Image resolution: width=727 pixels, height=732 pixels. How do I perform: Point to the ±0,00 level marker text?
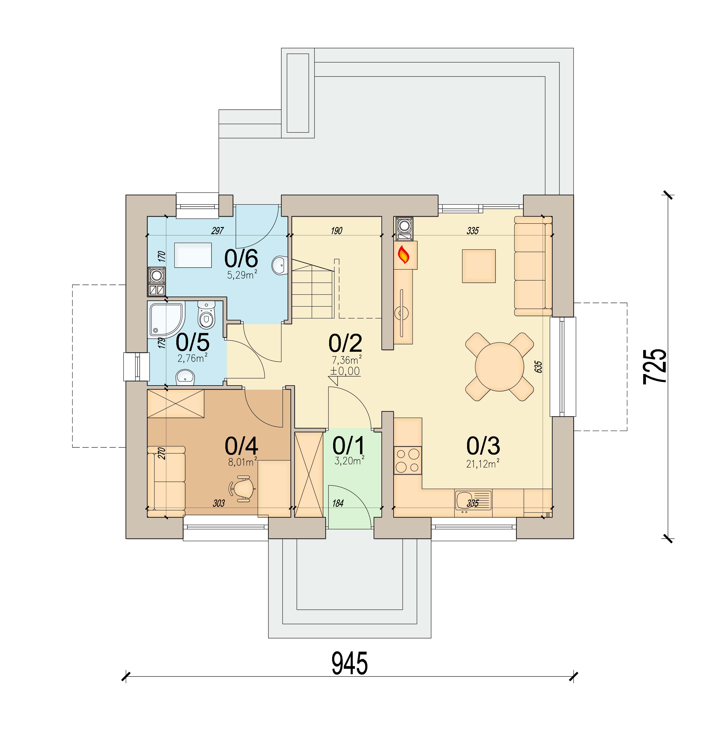point(345,371)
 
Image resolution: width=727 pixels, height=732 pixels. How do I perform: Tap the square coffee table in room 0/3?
point(479,266)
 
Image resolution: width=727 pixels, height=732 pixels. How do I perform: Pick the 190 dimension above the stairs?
point(336,231)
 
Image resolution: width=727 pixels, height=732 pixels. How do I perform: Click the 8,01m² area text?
point(242,462)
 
